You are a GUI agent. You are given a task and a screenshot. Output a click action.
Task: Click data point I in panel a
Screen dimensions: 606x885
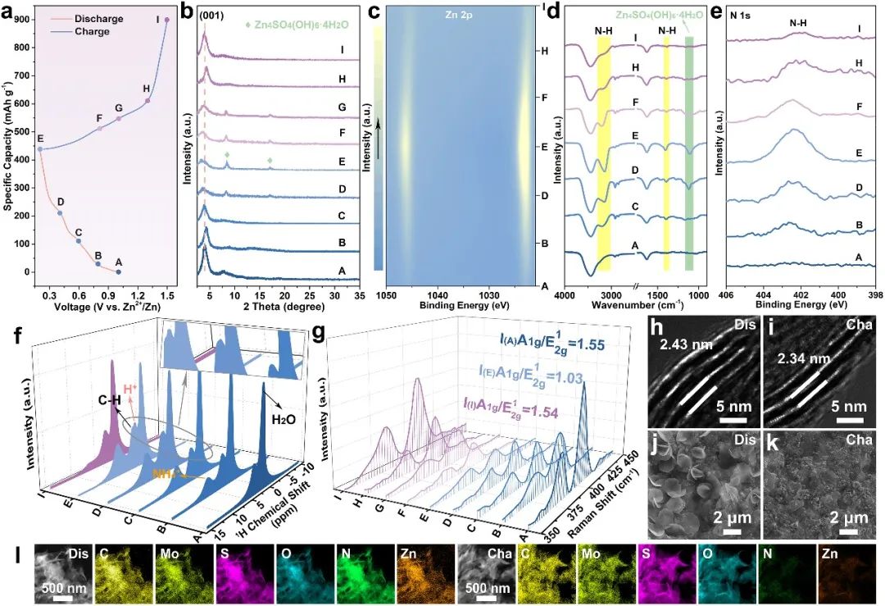coord(167,21)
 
